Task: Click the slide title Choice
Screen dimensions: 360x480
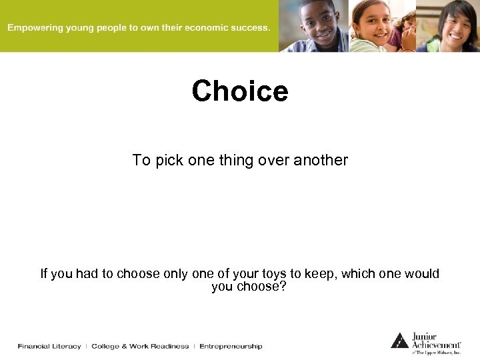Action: [x=240, y=91]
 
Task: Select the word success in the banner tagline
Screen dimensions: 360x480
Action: [x=251, y=28]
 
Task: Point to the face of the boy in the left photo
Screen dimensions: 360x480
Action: [x=319, y=20]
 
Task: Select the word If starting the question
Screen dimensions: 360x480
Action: [x=44, y=274]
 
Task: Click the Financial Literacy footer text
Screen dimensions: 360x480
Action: [x=49, y=347]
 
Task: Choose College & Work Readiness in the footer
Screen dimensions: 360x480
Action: [x=140, y=347]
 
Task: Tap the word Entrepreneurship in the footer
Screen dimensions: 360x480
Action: [x=231, y=347]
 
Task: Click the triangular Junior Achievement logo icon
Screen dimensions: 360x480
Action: [x=399, y=340]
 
